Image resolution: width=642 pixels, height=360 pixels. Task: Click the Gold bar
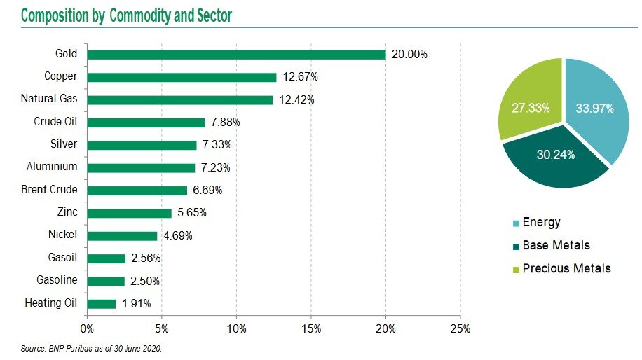click(x=236, y=55)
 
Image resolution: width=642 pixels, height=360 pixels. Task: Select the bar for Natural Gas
click(x=180, y=100)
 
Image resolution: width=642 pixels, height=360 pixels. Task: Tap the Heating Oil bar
click(x=102, y=304)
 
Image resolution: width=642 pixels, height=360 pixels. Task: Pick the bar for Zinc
click(x=130, y=213)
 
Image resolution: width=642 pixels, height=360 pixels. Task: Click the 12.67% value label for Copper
click(x=301, y=77)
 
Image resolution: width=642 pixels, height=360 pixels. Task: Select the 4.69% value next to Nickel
click(x=178, y=236)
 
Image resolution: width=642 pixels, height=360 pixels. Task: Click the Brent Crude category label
click(x=49, y=190)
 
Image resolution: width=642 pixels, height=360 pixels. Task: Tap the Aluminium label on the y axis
click(x=52, y=167)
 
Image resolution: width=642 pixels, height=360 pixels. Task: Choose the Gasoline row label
click(x=57, y=281)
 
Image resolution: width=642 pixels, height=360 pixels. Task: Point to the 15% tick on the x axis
click(x=311, y=328)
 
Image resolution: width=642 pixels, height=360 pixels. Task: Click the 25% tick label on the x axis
click(x=460, y=328)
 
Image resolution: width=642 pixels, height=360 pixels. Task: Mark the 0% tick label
click(x=88, y=328)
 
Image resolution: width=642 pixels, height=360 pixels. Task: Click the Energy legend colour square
click(x=517, y=223)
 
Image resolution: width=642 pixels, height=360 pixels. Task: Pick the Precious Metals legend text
click(x=567, y=268)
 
